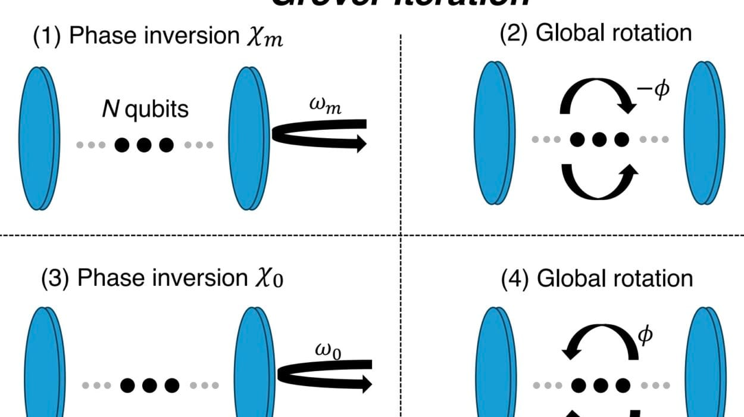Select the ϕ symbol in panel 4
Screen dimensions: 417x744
[646, 336]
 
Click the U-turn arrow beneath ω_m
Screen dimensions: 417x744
[319, 135]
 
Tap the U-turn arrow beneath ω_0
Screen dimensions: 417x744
[324, 374]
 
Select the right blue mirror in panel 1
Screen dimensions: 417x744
[246, 138]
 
